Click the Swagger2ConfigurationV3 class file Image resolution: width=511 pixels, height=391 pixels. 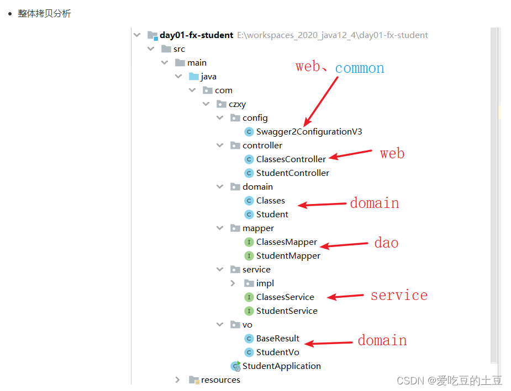point(309,132)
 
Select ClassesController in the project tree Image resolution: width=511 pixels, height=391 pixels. point(291,159)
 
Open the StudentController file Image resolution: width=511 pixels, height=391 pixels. point(292,173)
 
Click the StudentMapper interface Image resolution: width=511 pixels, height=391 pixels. point(288,256)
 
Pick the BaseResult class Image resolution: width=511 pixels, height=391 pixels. point(277,339)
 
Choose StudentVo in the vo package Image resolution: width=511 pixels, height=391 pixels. point(277,352)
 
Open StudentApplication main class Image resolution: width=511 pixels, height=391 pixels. point(281,366)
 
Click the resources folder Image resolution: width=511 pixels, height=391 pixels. point(220,380)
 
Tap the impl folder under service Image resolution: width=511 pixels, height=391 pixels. point(265,283)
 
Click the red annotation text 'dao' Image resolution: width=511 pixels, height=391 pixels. point(386,243)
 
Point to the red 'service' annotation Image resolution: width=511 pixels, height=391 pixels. point(399,296)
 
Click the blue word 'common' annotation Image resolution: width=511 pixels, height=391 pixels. point(360,68)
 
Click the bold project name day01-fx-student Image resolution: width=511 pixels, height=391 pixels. point(196,35)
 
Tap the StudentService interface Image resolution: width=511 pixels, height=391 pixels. point(286,311)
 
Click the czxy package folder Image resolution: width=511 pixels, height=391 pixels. point(237,104)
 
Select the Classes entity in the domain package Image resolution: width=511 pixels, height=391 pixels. point(270,201)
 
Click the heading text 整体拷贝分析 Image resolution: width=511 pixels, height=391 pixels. point(44,14)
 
